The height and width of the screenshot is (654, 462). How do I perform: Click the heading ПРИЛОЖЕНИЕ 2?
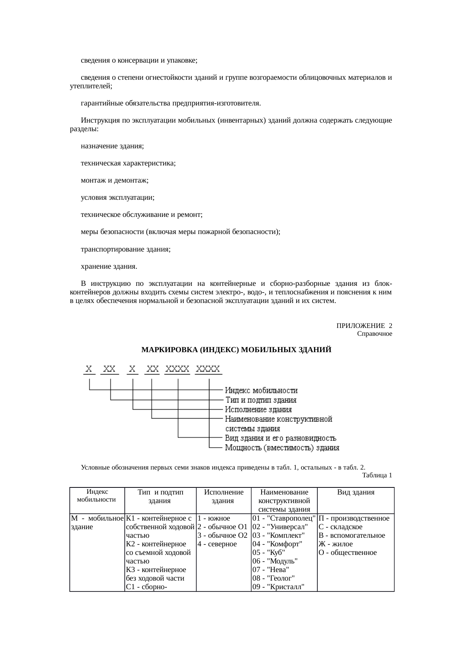pyautogui.click(x=364, y=326)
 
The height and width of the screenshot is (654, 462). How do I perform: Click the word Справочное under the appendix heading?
pyautogui.click(x=374, y=334)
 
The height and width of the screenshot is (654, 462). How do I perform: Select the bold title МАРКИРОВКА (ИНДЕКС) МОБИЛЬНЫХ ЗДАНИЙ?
pyautogui.click(x=236, y=350)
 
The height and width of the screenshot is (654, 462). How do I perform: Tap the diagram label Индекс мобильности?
pyautogui.click(x=261, y=391)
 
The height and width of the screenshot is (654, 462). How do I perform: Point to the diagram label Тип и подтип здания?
pyautogui.click(x=261, y=400)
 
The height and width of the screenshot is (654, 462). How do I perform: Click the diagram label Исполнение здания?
pyautogui.click(x=258, y=410)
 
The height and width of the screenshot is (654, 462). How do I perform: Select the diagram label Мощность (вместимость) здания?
pyautogui.click(x=282, y=448)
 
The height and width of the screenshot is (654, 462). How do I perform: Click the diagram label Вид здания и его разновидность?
pyautogui.click(x=281, y=438)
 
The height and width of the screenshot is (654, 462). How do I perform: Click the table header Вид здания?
pyautogui.click(x=355, y=492)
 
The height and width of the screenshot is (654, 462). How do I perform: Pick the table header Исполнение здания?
pyautogui.click(x=224, y=496)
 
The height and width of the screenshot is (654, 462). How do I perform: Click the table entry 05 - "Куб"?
pyautogui.click(x=269, y=552)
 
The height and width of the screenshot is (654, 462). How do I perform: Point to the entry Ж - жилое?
pyautogui.click(x=335, y=544)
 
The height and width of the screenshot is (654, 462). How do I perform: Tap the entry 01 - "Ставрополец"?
pyautogui.click(x=284, y=518)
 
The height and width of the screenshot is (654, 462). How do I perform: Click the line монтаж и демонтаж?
pyautogui.click(x=114, y=180)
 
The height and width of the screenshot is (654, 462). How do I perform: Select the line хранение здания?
pyautogui.click(x=109, y=266)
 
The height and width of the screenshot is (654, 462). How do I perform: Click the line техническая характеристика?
pyautogui.click(x=128, y=163)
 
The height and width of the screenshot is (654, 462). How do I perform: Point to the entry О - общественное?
pyautogui.click(x=347, y=552)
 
